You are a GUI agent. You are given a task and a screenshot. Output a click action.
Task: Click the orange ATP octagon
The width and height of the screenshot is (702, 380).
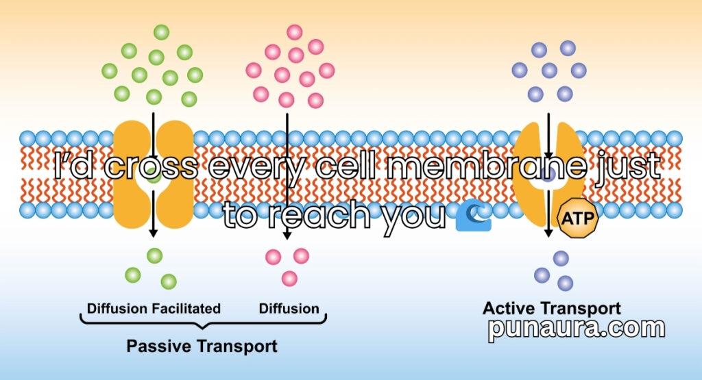click(577, 218)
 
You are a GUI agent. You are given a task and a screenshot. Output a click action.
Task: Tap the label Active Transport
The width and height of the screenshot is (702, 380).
click(552, 309)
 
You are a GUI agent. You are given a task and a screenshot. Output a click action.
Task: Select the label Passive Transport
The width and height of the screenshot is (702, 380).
click(202, 346)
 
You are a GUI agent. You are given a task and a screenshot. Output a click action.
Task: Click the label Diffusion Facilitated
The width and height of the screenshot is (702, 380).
click(154, 309)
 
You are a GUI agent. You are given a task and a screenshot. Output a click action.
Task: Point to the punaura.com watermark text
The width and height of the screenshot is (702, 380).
click(576, 329)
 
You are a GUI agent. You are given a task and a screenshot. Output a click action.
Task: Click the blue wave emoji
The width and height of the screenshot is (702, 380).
click(473, 216)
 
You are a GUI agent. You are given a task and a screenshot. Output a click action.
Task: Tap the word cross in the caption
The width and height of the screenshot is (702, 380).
click(151, 166)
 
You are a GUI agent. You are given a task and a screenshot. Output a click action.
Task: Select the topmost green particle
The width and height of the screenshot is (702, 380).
click(161, 32)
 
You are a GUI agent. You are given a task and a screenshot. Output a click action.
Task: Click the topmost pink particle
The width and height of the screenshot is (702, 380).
click(295, 32)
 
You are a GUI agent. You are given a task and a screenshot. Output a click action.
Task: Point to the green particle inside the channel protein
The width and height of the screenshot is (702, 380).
click(154, 177)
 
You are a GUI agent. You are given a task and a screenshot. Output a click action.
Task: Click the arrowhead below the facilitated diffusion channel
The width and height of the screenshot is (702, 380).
click(153, 233)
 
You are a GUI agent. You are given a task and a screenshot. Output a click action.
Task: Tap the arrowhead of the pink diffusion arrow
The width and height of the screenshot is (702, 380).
click(287, 234)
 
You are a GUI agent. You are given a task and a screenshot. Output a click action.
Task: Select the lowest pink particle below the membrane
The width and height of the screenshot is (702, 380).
click(289, 279)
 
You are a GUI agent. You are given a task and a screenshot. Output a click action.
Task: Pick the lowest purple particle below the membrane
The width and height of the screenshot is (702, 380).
click(565, 283)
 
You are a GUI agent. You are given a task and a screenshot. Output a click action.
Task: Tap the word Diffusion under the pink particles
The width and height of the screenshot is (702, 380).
click(289, 309)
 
